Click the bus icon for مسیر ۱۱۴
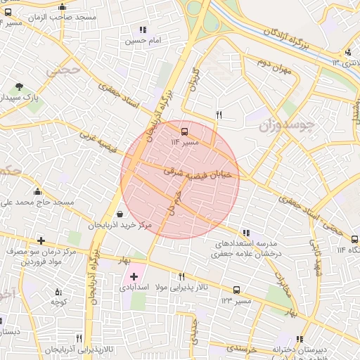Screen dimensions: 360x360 tap(185, 131)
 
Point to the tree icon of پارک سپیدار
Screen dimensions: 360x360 tap(19, 87)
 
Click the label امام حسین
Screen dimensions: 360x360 tap(143, 41)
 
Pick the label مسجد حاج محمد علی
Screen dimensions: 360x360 tap(37, 202)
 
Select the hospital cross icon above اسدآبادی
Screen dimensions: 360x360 tap(134, 276)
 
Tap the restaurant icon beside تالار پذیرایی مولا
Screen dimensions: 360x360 tap(181, 276)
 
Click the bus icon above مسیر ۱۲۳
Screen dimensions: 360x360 tap(236, 289)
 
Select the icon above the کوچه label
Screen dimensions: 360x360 tap(58, 291)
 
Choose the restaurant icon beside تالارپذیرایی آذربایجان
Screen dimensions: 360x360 tap(88, 337)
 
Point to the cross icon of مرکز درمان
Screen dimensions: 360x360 tap(41, 240)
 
